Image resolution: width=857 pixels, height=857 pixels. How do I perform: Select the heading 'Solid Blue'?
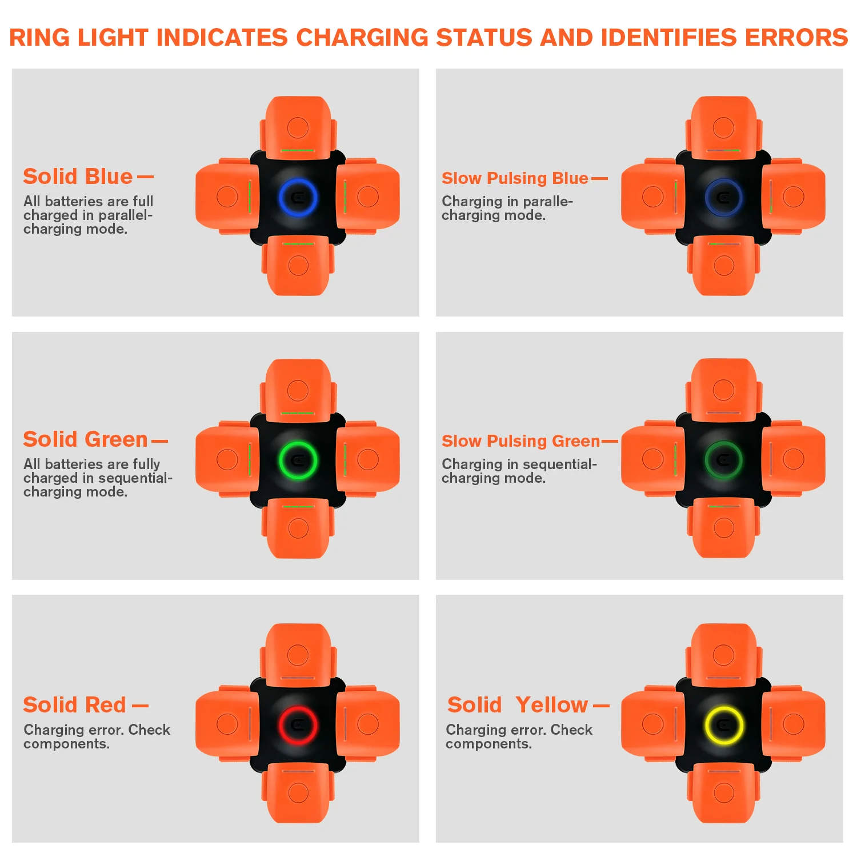(x=78, y=177)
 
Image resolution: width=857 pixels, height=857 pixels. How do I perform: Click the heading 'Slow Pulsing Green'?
(x=520, y=441)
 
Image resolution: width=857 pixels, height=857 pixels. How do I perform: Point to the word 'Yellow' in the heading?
(x=551, y=705)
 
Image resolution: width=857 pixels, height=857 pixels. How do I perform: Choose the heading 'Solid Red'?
(x=74, y=705)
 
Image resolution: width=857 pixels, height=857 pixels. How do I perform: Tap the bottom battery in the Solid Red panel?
(x=298, y=792)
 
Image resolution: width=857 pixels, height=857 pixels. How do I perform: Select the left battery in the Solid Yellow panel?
(x=652, y=724)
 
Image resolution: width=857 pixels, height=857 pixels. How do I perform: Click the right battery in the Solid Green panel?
(x=368, y=459)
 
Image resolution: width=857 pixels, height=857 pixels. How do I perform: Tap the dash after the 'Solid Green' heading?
(x=159, y=441)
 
